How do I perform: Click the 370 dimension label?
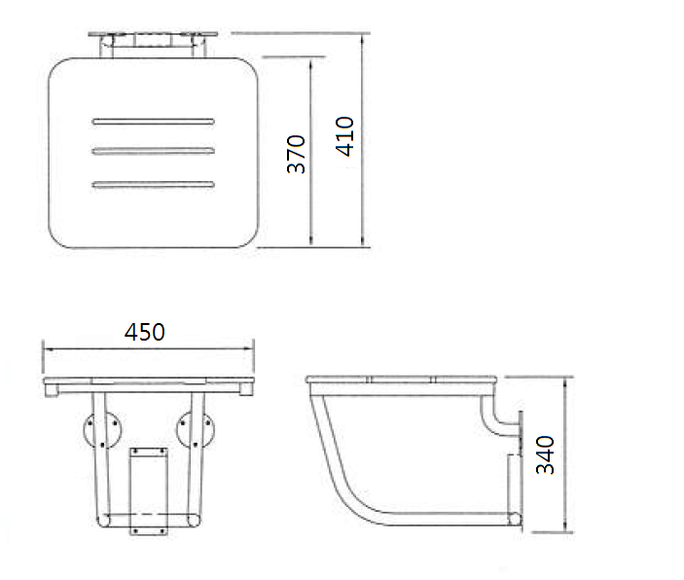298,154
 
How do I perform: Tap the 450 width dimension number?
145,331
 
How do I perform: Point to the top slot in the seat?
153,122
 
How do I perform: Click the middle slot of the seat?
153,150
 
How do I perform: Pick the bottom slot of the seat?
153,183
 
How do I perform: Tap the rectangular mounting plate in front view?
148,489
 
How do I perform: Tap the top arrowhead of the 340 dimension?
568,382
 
